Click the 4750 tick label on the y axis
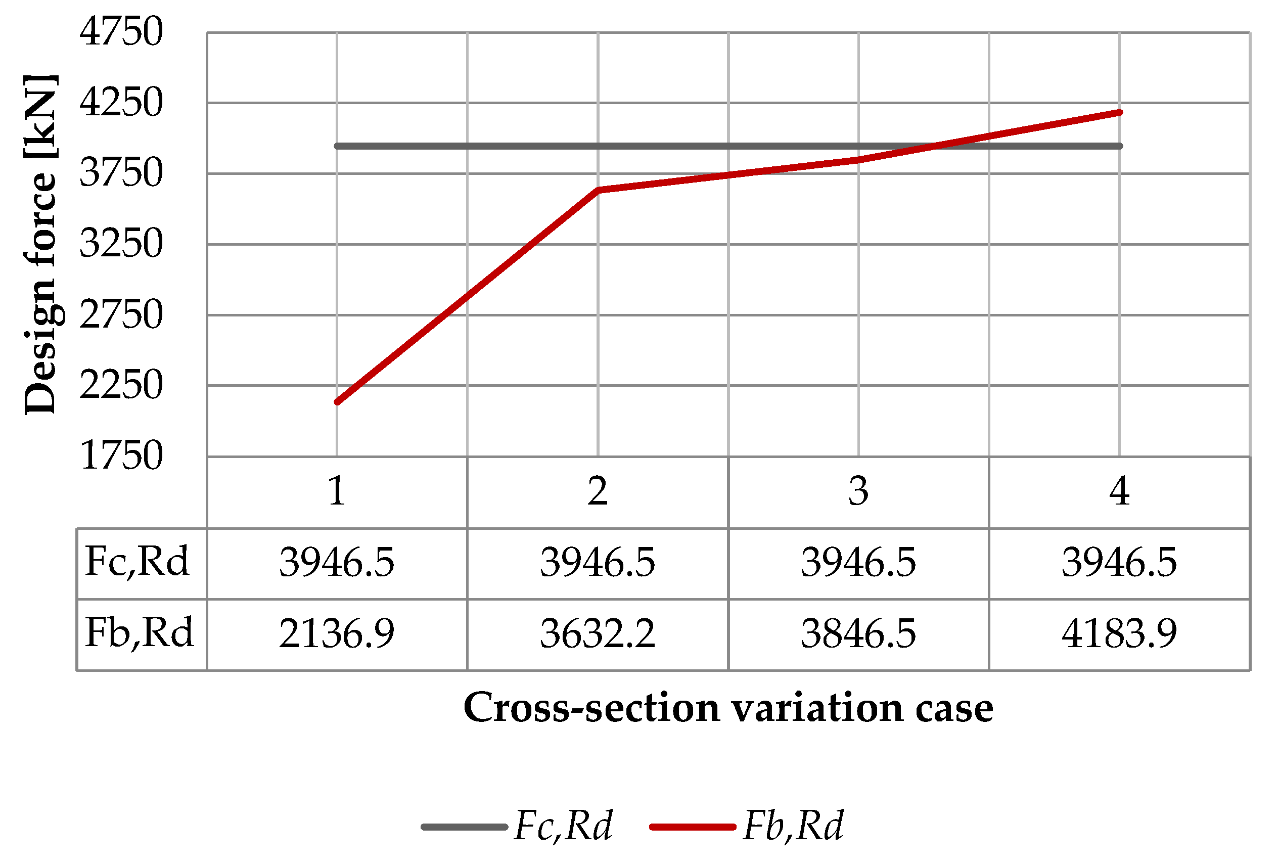click(x=121, y=32)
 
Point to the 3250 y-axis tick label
click(x=121, y=244)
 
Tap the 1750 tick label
click(x=121, y=456)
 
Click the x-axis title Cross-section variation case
click(x=728, y=708)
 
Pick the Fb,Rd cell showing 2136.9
click(x=337, y=634)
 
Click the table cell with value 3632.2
click(x=598, y=634)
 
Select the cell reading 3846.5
click(x=858, y=634)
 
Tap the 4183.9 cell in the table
click(x=1119, y=634)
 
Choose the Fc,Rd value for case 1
click(x=337, y=563)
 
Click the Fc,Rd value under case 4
click(x=1119, y=563)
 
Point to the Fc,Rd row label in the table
click(x=138, y=562)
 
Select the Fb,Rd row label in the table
click(x=139, y=633)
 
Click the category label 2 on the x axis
click(x=598, y=491)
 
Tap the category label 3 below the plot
click(x=858, y=491)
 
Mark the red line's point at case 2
click(x=598, y=190)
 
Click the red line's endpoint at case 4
click(x=1120, y=113)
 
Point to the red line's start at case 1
click(x=337, y=402)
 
